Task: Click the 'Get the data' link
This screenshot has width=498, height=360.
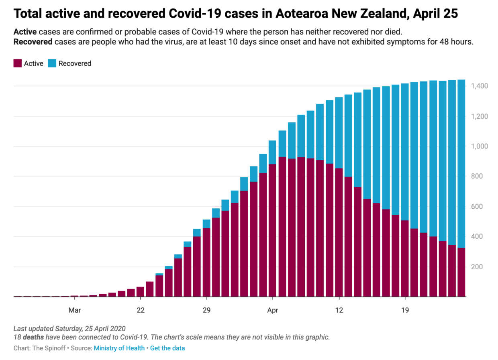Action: tap(167, 348)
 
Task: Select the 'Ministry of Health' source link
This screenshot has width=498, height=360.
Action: tap(119, 348)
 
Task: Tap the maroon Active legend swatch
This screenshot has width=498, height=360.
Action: tap(17, 63)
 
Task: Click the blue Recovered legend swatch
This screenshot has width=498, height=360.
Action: tap(52, 63)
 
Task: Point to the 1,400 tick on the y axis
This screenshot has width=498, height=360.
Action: tap(480, 86)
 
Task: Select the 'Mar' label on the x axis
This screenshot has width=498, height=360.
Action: tap(74, 310)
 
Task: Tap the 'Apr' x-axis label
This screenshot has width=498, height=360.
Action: tap(273, 310)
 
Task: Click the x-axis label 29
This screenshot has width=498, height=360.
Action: tap(206, 310)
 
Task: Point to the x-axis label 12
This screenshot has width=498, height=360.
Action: tap(339, 310)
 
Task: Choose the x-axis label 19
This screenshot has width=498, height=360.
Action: tap(405, 310)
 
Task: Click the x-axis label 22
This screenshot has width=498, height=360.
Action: tap(141, 310)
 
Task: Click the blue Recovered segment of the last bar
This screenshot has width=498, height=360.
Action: tap(461, 161)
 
